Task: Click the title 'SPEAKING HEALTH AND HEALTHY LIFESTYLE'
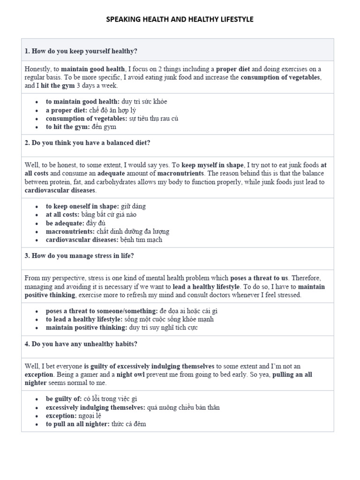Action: [x=180, y=19]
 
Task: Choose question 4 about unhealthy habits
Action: [x=81, y=344]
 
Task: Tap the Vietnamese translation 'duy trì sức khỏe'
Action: [x=144, y=101]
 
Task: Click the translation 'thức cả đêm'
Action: [x=129, y=424]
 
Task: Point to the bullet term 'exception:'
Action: [x=61, y=416]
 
